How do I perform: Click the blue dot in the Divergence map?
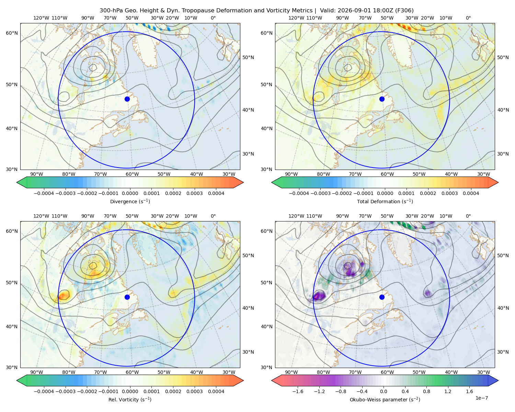click(x=127, y=99)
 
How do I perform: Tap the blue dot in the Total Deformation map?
click(x=382, y=99)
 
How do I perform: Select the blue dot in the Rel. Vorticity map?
click(x=127, y=297)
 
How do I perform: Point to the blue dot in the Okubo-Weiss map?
click(x=382, y=297)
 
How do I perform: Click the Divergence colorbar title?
click(x=130, y=202)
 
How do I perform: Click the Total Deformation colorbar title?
click(x=385, y=202)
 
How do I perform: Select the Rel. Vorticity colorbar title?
click(x=130, y=400)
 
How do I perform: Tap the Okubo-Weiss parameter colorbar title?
click(x=385, y=400)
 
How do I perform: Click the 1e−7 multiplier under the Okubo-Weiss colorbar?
click(x=481, y=398)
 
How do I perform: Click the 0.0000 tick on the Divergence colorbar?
click(x=130, y=193)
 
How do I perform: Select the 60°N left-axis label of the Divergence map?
click(x=12, y=33)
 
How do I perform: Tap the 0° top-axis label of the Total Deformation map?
click(x=468, y=18)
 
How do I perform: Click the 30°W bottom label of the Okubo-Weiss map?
click(x=483, y=372)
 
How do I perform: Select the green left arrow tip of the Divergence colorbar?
click(x=17, y=182)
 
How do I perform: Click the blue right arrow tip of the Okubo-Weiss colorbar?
click(x=498, y=380)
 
